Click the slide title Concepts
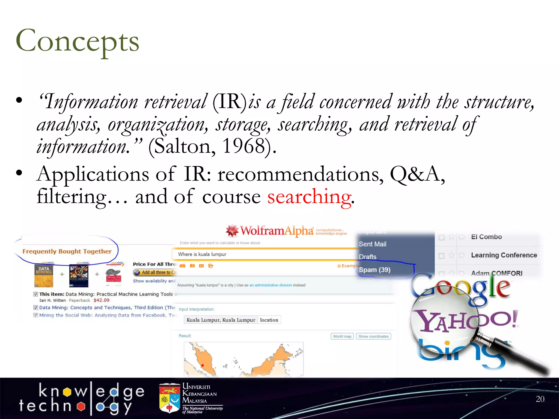click(78, 41)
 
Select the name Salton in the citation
click(182, 146)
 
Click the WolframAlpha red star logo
click(232, 231)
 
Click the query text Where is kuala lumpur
click(202, 254)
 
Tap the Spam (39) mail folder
click(374, 270)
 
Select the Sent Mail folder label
click(372, 244)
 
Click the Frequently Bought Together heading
click(67, 251)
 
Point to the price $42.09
click(101, 300)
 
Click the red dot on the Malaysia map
click(203, 365)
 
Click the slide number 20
click(540, 399)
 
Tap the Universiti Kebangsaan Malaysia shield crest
click(169, 399)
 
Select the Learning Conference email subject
click(504, 255)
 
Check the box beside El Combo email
click(441, 237)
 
